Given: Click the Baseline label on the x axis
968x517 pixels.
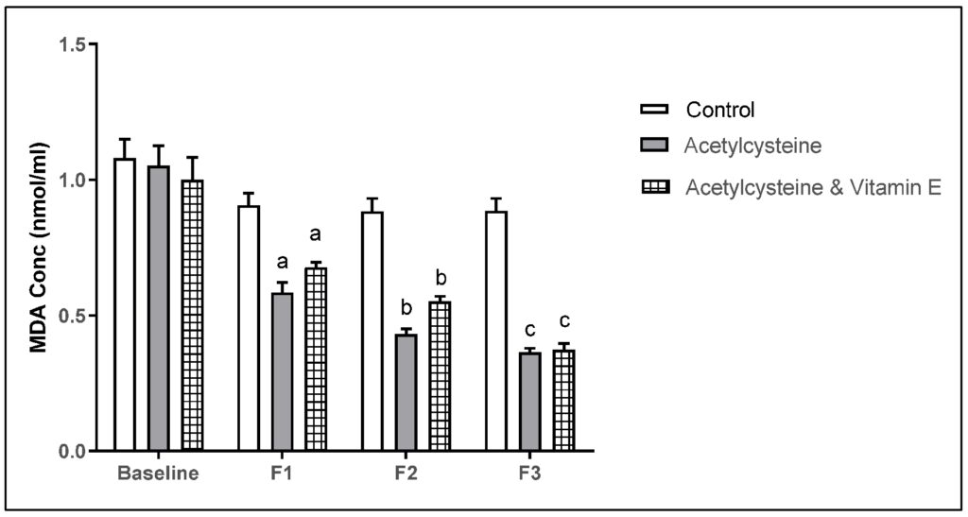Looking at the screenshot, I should (158, 473).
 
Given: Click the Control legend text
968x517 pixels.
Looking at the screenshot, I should (720, 110).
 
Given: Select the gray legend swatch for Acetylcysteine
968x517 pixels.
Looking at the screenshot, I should (654, 146).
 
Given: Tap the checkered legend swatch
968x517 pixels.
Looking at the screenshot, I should (654, 187).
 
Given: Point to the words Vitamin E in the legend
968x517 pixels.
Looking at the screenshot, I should (896, 187).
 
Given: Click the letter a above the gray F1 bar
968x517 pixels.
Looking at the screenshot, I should (282, 262).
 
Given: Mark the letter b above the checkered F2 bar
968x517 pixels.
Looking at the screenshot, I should (440, 279).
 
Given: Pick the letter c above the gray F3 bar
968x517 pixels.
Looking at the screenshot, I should (529, 330).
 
